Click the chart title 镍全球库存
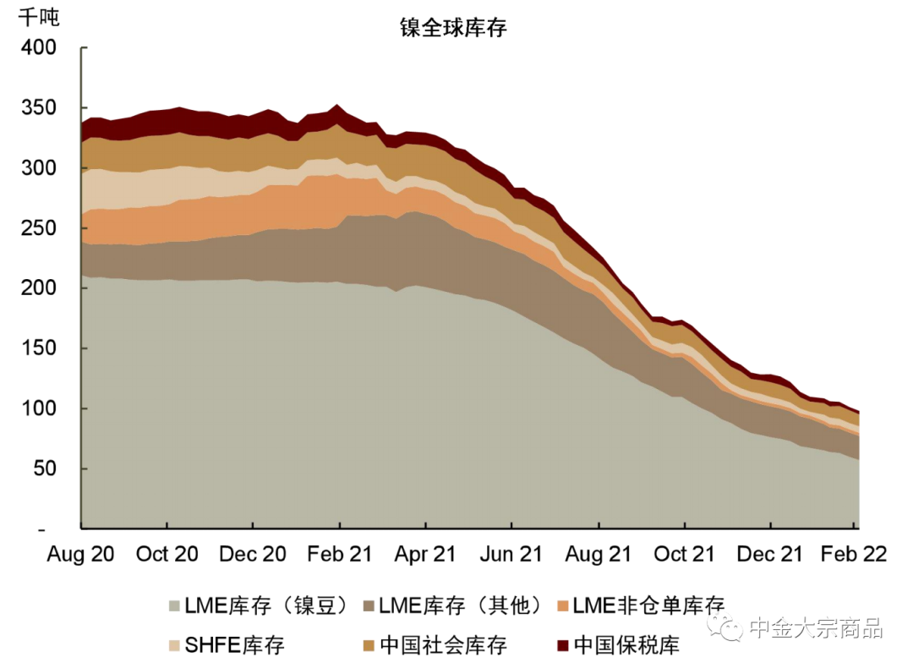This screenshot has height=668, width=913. (453, 27)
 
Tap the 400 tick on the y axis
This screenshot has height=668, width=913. (39, 48)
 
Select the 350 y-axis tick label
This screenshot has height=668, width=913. (39, 108)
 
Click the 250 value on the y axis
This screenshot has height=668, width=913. (39, 228)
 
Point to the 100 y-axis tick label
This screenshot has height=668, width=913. (39, 408)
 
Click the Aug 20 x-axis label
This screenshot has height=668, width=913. (80, 554)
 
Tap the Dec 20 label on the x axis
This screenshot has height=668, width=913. (253, 554)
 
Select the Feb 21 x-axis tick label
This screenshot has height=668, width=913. (339, 554)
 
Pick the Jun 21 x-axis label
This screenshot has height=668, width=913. (511, 554)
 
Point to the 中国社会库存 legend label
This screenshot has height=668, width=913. (443, 646)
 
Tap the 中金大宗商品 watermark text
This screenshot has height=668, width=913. (816, 627)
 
